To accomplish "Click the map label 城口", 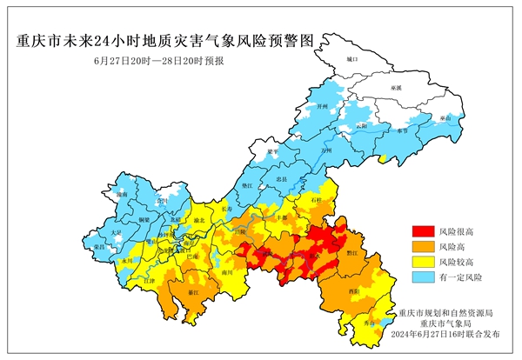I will pos(351,59).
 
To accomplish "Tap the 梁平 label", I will pos(272,151).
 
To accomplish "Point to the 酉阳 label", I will pos(354,290).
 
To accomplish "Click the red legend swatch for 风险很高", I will pos(421,231).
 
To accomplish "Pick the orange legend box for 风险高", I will pos(421,246).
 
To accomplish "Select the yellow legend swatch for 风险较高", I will pos(421,261).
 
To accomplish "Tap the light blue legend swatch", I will pos(421,276).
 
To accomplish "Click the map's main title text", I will pos(162,41).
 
